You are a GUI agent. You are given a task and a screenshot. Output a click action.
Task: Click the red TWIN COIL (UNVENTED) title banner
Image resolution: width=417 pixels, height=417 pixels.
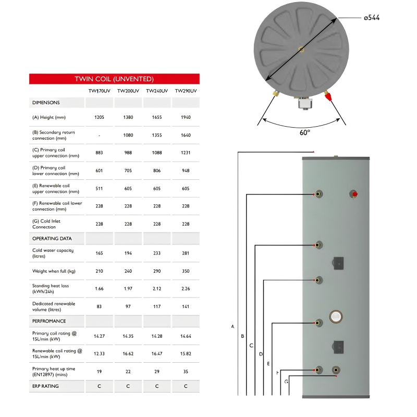pyautogui.click(x=114, y=79)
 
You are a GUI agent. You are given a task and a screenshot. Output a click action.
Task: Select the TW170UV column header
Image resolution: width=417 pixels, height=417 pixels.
pyautogui.click(x=99, y=91)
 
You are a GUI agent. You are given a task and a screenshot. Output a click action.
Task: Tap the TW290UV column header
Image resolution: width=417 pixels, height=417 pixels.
pyautogui.click(x=186, y=91)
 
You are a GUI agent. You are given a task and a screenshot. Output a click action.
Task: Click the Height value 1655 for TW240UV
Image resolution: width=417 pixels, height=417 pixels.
pyautogui.click(x=157, y=118)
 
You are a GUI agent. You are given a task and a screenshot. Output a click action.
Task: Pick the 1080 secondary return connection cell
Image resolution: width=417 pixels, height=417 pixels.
pyautogui.click(x=128, y=136)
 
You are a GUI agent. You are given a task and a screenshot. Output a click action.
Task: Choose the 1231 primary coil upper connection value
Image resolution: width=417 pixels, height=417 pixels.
pyautogui.click(x=186, y=153)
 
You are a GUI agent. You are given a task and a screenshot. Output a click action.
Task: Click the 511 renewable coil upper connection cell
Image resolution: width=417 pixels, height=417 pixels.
pyautogui.click(x=99, y=189)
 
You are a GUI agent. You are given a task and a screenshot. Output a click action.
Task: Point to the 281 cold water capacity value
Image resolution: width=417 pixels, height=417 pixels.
pyautogui.click(x=186, y=253)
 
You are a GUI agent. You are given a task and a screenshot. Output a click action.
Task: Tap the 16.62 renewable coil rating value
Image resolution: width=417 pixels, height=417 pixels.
pyautogui.click(x=128, y=354)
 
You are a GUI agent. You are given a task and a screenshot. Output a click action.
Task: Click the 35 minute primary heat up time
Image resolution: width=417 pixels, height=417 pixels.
pyautogui.click(x=186, y=372)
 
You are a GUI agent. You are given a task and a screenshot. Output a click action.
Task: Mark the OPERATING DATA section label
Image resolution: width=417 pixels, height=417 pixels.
pyautogui.click(x=52, y=239)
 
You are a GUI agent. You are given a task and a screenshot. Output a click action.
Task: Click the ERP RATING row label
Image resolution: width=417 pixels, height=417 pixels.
pyautogui.click(x=45, y=386)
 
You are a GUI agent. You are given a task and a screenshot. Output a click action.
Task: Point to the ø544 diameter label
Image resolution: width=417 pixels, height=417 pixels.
pyautogui.click(x=372, y=18)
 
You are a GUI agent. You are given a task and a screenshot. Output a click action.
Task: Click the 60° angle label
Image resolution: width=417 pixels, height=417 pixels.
pyautogui.click(x=305, y=132)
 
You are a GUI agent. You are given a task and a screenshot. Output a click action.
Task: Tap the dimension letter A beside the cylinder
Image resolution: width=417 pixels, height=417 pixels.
pyautogui.click(x=233, y=327)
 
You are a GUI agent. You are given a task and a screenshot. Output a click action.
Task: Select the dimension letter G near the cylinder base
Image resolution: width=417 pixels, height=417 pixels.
pyautogui.click(x=286, y=382)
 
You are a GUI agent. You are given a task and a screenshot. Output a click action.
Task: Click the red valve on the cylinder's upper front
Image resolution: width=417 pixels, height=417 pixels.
pyautogui.click(x=355, y=195)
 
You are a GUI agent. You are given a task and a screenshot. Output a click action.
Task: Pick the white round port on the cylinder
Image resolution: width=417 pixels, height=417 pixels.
pyautogui.click(x=336, y=316)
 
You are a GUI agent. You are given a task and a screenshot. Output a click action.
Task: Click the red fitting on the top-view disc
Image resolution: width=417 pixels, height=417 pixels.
pyautogui.click(x=328, y=96)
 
